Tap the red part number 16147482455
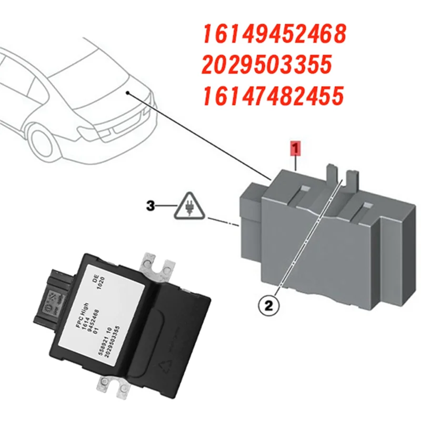click(x=273, y=96)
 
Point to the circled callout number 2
click(x=269, y=304)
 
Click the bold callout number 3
click(x=151, y=207)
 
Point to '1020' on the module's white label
click(x=104, y=287)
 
